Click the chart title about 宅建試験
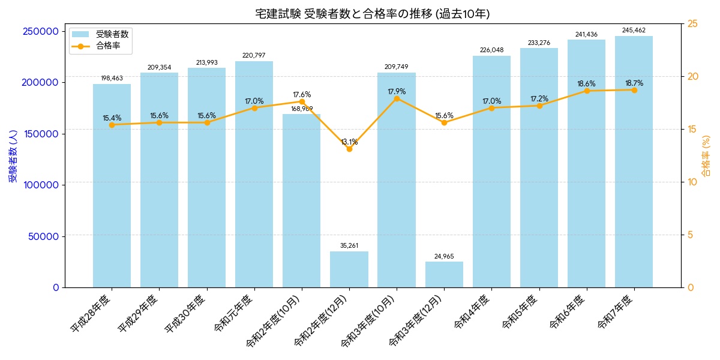pos(372,14)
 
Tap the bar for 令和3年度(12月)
pos(444,274)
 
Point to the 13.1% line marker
pos(349,149)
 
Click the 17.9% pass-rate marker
pos(397,98)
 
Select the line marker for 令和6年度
pos(586,91)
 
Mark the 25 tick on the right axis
pos(692,24)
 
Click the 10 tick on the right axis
pos(692,182)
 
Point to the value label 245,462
pos(634,30)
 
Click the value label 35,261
pos(349,245)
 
